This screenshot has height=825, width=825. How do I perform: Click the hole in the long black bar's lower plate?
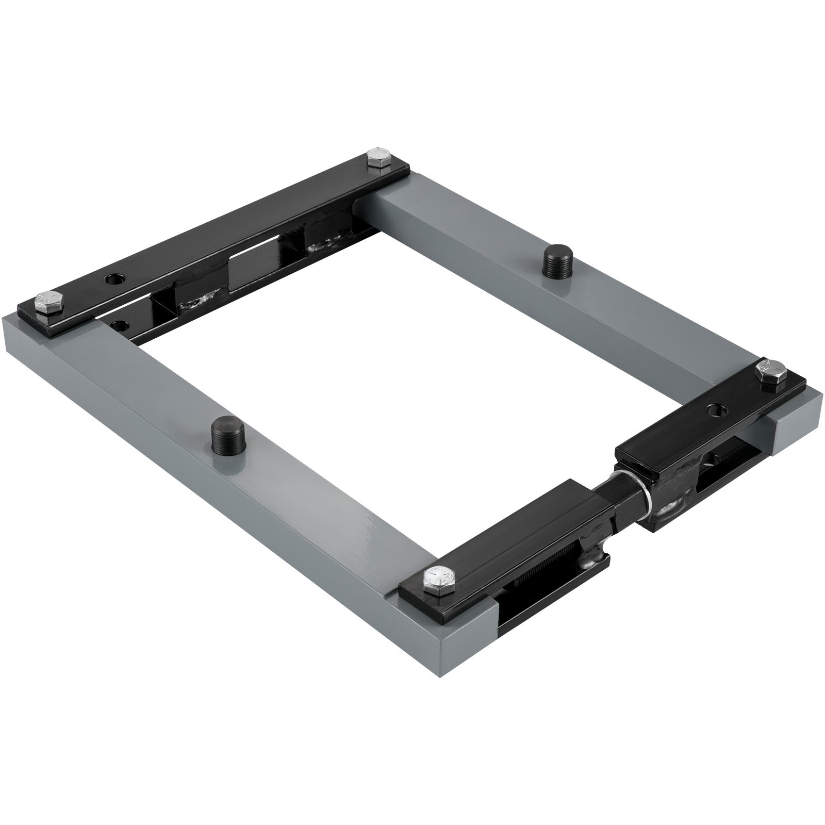[120, 326]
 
